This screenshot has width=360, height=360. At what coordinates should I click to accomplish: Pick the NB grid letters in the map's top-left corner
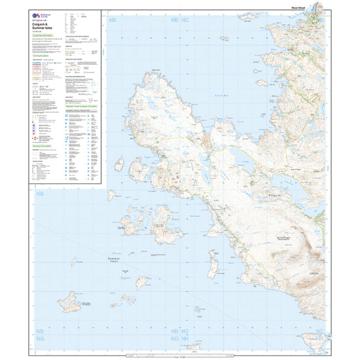click(173, 21)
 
